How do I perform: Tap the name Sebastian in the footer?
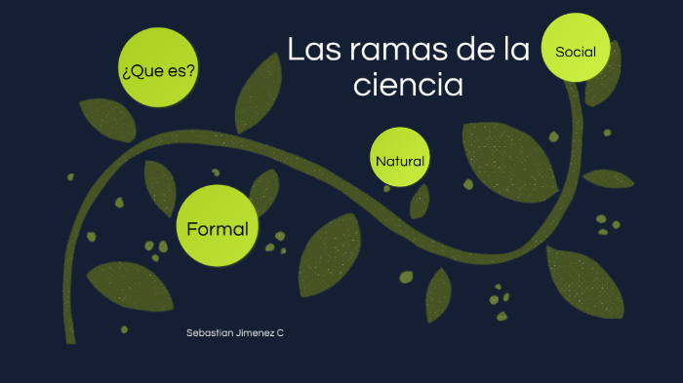pos(208,333)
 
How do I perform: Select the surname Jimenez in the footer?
pos(253,333)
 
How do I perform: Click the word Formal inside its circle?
pos(217,230)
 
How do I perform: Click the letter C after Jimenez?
pos(280,333)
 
